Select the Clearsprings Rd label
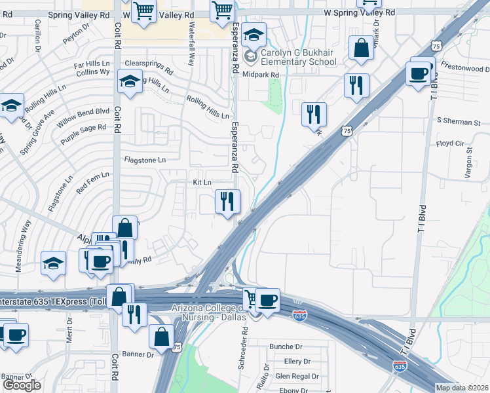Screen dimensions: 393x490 pyautogui.click(x=148, y=68)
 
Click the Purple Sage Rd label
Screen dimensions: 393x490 pyautogui.click(x=83, y=134)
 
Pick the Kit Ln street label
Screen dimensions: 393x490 pyautogui.click(x=202, y=182)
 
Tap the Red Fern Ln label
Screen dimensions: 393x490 pyautogui.click(x=92, y=183)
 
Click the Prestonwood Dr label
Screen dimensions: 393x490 pyautogui.click(x=465, y=68)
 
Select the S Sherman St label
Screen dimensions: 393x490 pyautogui.click(x=459, y=122)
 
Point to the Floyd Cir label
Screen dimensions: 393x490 pyautogui.click(x=450, y=143)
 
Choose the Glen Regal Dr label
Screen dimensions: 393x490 pyautogui.click(x=297, y=376)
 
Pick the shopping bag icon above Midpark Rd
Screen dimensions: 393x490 pyautogui.click(x=361, y=48)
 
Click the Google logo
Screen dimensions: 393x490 pyautogui.click(x=22, y=385)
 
